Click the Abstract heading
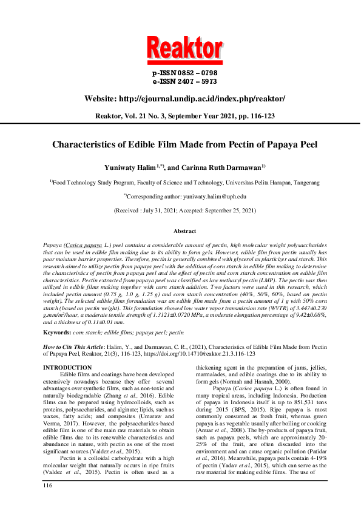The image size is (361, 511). (184, 231)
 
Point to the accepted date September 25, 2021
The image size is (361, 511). (228, 210)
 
